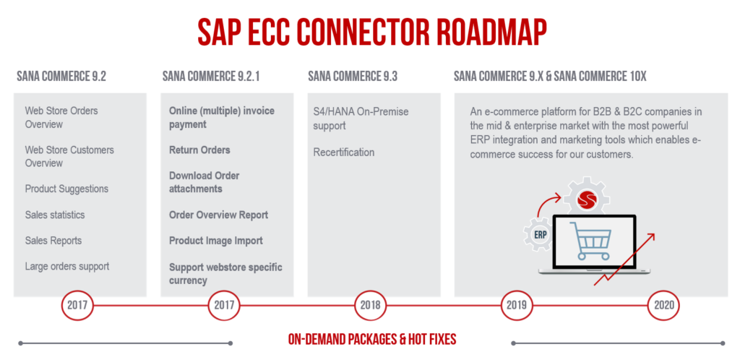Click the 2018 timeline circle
pyautogui.click(x=371, y=305)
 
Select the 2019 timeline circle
pyautogui.click(x=517, y=305)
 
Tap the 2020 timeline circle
pyautogui.click(x=663, y=305)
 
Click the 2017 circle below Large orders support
pyautogui.click(x=77, y=305)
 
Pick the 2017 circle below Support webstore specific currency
pyautogui.click(x=224, y=305)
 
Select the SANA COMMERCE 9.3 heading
pyautogui.click(x=353, y=77)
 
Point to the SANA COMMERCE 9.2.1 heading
pyautogui.click(x=211, y=77)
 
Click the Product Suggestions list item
pyautogui.click(x=66, y=189)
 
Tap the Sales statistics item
pyautogui.click(x=55, y=215)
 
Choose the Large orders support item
pyautogui.click(x=67, y=267)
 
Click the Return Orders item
pyautogui.click(x=199, y=150)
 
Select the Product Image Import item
pyautogui.click(x=216, y=241)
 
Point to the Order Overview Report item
pyautogui.click(x=218, y=215)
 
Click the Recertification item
pyautogui.click(x=344, y=153)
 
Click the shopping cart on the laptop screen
pyautogui.click(x=590, y=240)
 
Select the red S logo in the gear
pyautogui.click(x=588, y=199)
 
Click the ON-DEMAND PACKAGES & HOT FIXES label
pyautogui.click(x=372, y=340)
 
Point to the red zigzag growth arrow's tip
pyautogui.click(x=655, y=233)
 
